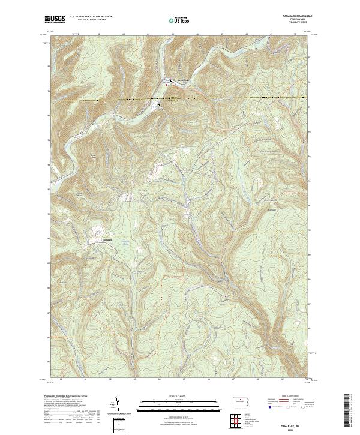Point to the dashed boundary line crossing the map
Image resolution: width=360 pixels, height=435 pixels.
240,97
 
